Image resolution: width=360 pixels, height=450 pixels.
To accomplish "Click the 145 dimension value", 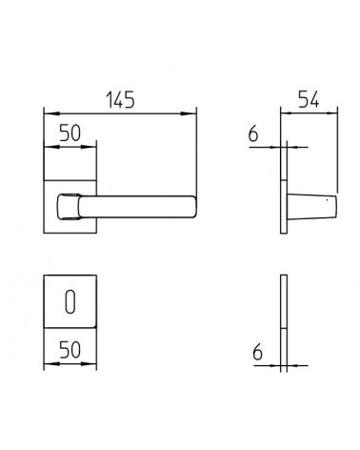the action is pyautogui.click(x=120, y=99).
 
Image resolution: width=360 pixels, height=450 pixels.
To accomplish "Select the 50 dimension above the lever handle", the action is pyautogui.click(x=70, y=133).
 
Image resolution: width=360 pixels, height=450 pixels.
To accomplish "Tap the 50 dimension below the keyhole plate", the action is pyautogui.click(x=70, y=350).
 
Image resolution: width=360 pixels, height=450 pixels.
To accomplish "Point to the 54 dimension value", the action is pyautogui.click(x=309, y=99).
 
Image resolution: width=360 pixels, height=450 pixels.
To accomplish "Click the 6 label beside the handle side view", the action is pyautogui.click(x=253, y=133).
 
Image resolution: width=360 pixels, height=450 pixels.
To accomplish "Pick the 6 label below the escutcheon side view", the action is pyautogui.click(x=257, y=353).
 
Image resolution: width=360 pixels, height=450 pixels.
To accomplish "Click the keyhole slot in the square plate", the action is pyautogui.click(x=70, y=301).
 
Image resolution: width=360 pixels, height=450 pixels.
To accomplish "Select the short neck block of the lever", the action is pyautogui.click(x=69, y=207).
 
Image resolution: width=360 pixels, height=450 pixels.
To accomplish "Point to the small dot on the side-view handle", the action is pyautogui.click(x=328, y=200).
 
